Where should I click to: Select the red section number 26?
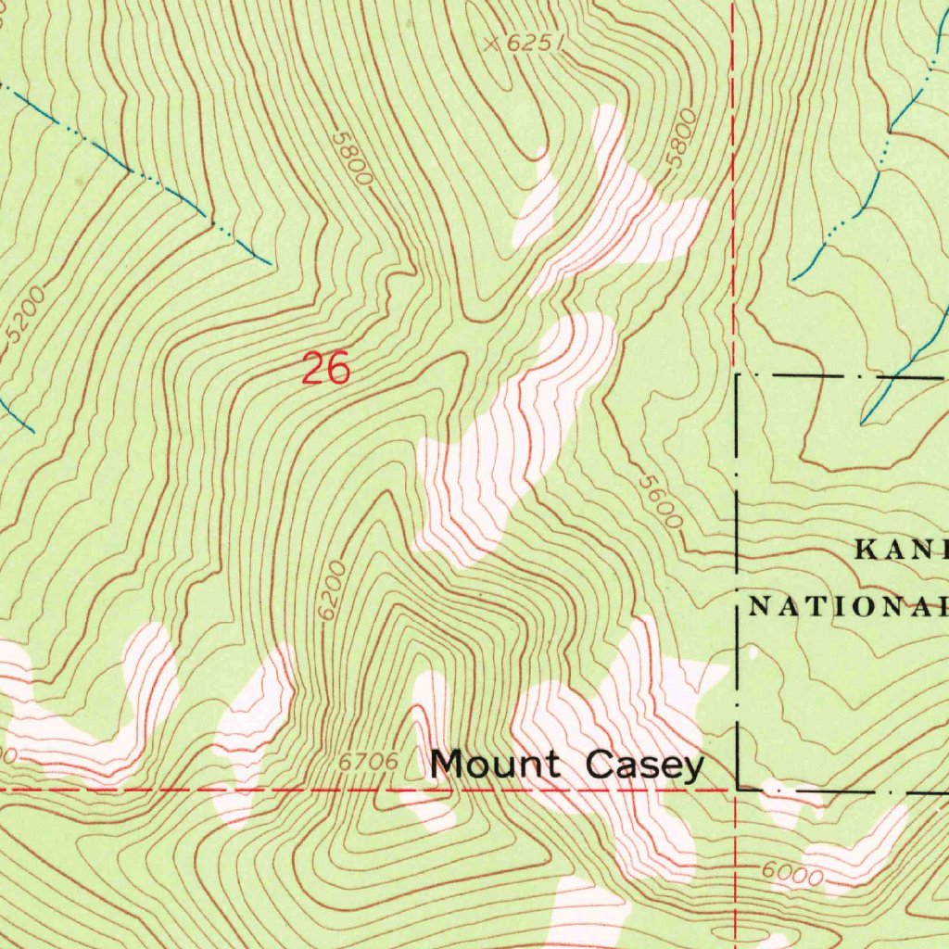pyautogui.click(x=326, y=369)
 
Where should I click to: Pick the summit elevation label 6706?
pyautogui.click(x=368, y=762)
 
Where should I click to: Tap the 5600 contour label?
pyautogui.click(x=661, y=501)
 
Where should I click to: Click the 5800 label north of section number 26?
pyautogui.click(x=353, y=158)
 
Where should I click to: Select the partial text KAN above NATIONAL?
pyautogui.click(x=900, y=550)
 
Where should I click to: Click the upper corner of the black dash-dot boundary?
pyautogui.click(x=738, y=375)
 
